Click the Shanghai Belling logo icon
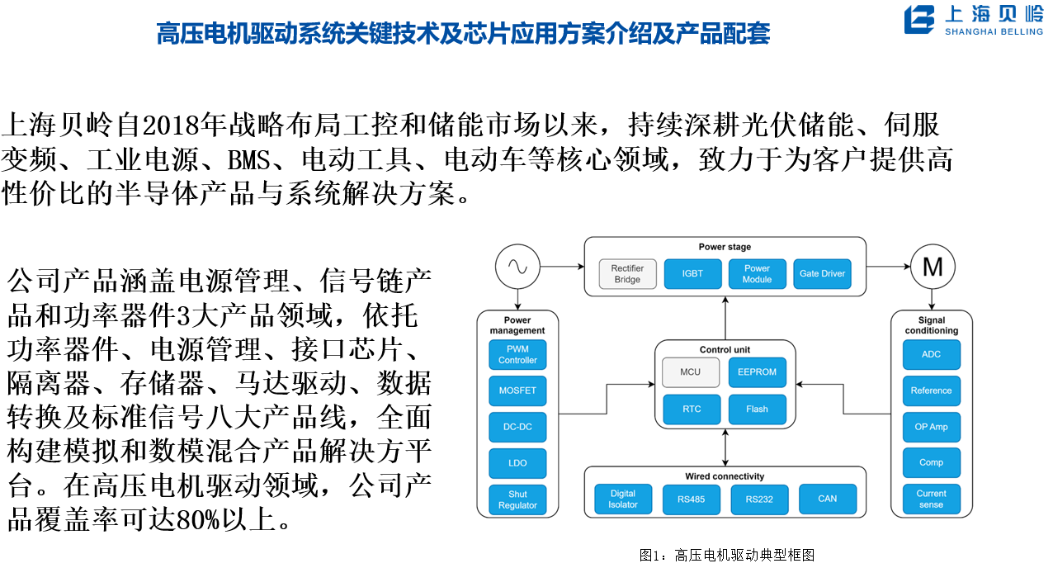[x=918, y=21]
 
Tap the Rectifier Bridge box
[x=627, y=273]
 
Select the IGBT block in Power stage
[x=692, y=273]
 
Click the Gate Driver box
[x=822, y=273]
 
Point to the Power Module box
[x=757, y=273]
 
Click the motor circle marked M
[x=933, y=267]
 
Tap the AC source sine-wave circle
[x=517, y=267]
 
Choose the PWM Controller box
[x=517, y=354]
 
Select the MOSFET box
[x=517, y=390]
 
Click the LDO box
[x=517, y=463]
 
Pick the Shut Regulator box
[x=517, y=499]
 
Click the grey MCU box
[x=690, y=372]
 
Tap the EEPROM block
[x=757, y=372]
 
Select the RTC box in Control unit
[x=691, y=409]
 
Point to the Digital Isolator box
[x=623, y=499]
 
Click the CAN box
[x=827, y=499]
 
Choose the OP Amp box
[x=931, y=427]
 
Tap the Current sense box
[x=931, y=499]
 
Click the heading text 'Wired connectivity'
[x=725, y=476]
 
